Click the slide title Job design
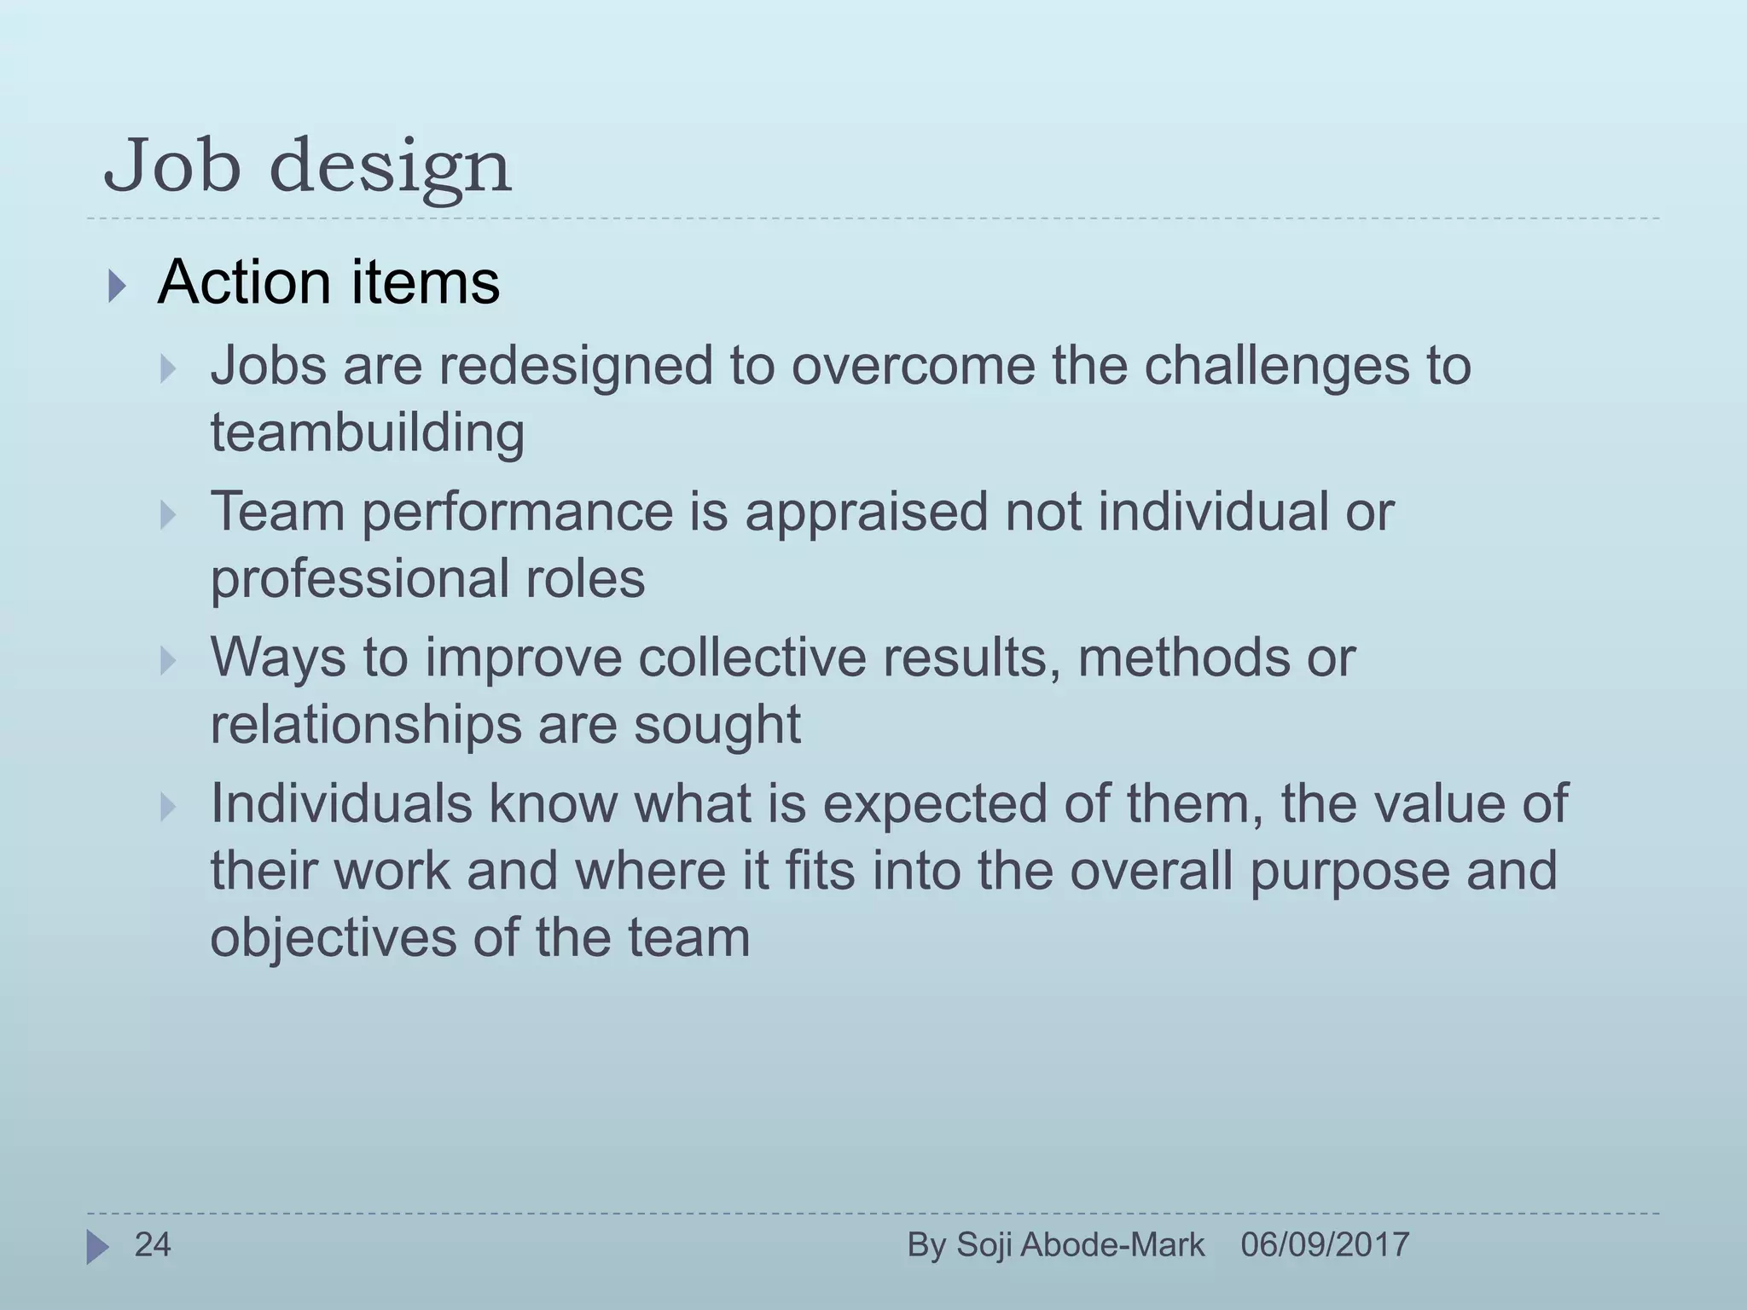pos(307,167)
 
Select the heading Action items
pos(328,282)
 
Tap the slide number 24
pos(153,1245)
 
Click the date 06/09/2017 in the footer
pos(1324,1245)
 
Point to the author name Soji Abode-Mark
pos(1080,1245)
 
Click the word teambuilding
pos(367,432)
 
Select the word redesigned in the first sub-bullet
pos(576,366)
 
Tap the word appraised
pos(867,512)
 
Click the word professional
pos(359,580)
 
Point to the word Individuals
pos(341,804)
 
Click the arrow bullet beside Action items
pos(117,287)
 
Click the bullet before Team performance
pos(168,515)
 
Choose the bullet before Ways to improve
pos(168,661)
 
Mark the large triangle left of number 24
pos(97,1248)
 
